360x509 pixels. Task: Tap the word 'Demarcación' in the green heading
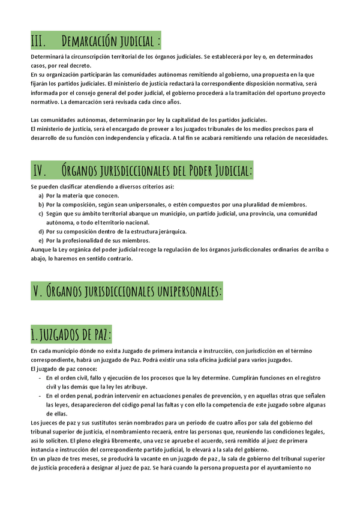coord(89,41)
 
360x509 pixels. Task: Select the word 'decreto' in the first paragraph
coord(77,65)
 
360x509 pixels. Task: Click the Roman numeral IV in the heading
coord(40,170)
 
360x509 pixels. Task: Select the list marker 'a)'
coord(41,196)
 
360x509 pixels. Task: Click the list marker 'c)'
coord(41,214)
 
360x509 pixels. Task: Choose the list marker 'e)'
coord(41,241)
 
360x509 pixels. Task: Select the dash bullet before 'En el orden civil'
coord(40,378)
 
